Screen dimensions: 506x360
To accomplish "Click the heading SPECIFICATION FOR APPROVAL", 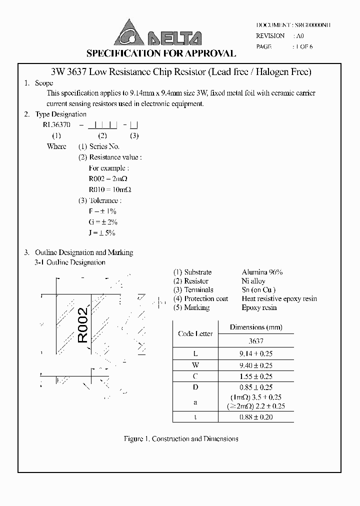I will tap(161, 53).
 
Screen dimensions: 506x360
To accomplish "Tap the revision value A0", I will tap(300, 36).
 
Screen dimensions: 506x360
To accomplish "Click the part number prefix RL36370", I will tap(56, 124).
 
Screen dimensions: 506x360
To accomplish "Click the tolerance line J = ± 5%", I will tap(102, 232).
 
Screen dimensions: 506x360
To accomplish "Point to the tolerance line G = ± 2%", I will tap(102, 222).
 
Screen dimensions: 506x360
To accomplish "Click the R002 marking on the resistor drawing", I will tap(83, 325).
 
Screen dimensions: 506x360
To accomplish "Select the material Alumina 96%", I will tap(262, 272).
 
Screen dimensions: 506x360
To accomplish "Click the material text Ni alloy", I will tap(253, 281).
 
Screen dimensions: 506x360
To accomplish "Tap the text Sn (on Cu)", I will tap(258, 289).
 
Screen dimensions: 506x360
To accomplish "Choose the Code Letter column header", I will tap(195, 333).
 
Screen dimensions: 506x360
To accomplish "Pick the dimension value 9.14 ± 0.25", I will tap(256, 353).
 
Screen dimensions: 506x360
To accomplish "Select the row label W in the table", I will tap(195, 365).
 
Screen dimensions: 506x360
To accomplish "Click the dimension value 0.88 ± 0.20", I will tap(256, 417).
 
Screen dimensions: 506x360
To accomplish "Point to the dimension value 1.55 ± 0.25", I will tap(256, 376).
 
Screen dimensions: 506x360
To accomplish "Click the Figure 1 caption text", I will tap(180, 439).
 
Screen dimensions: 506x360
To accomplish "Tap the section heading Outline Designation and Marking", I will tap(83, 252).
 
